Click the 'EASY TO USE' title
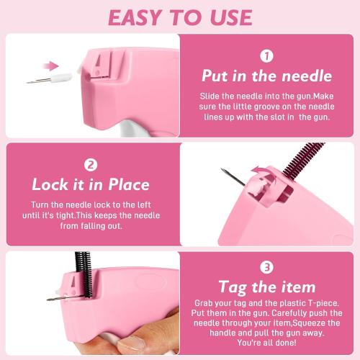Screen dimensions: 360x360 [x=180, y=17]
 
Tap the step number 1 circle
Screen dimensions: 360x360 [x=266, y=55]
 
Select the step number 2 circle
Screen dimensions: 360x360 [x=91, y=163]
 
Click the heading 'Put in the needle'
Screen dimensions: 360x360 [x=266, y=76]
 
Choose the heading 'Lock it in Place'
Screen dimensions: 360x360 [x=91, y=184]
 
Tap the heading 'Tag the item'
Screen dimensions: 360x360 [x=267, y=287]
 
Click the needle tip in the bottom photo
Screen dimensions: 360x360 [x=50, y=299]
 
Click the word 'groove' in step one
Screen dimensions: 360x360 [x=277, y=107]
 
